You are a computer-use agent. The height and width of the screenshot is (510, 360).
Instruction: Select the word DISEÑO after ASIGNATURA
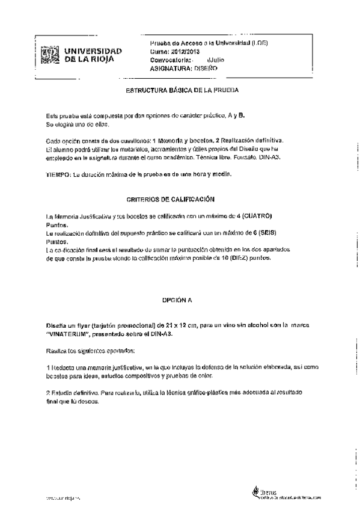(x=203, y=69)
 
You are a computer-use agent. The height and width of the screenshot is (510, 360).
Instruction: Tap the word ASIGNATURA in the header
(x=171, y=69)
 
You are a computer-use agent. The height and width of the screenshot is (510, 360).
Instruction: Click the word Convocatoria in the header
(x=170, y=60)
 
